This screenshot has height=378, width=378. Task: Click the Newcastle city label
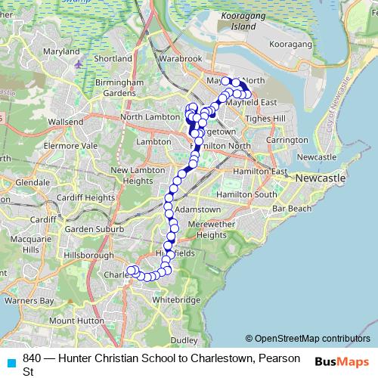click(321, 178)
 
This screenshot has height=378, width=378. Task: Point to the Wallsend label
click(65, 121)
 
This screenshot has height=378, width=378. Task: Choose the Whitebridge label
click(175, 299)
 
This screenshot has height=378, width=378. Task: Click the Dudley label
click(184, 340)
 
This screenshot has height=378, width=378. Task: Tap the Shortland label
click(113, 58)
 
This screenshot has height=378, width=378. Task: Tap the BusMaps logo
click(342, 361)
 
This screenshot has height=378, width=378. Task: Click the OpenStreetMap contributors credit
click(308, 338)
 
